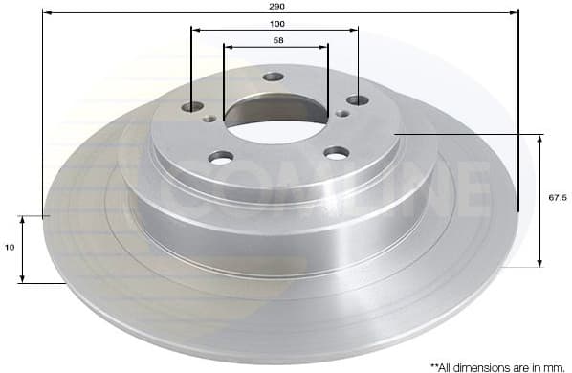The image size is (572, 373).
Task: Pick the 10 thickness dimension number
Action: click(x=10, y=248)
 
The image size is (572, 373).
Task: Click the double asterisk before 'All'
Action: click(x=434, y=365)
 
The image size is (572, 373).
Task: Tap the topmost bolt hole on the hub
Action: click(x=274, y=77)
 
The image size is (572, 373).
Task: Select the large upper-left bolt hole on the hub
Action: click(x=193, y=106)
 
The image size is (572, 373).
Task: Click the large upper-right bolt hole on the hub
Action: click(x=358, y=99)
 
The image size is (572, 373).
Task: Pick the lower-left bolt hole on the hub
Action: click(x=221, y=157)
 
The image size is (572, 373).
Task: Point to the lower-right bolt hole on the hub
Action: click(x=336, y=152)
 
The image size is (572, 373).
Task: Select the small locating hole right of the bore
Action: click(x=342, y=114)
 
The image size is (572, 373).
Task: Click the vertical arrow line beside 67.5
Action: click(x=541, y=201)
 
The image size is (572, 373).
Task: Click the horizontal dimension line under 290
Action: click(x=143, y=13)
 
